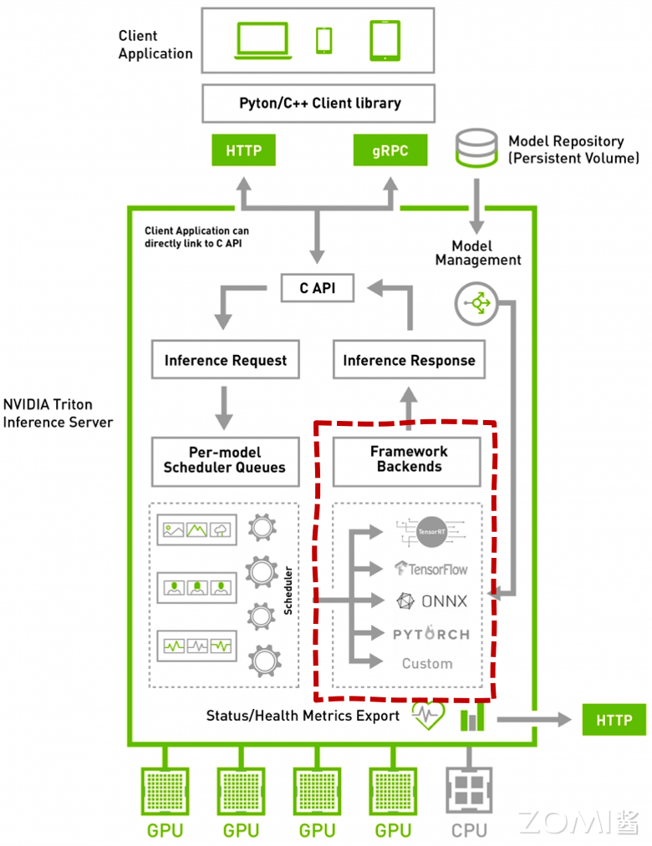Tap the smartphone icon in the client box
pyautogui.click(x=323, y=39)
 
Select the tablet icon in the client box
pyautogui.click(x=384, y=40)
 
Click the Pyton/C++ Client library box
pyautogui.click(x=319, y=104)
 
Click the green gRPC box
pyautogui.click(x=390, y=151)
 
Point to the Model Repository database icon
pyautogui.click(x=476, y=148)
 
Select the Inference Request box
pyautogui.click(x=225, y=361)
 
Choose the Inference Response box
pyautogui.click(x=409, y=361)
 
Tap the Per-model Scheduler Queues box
pyautogui.click(x=224, y=459)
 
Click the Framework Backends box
pyautogui.click(x=409, y=459)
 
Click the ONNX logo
pyautogui.click(x=431, y=601)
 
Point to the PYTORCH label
pyautogui.click(x=431, y=634)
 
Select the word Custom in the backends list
pyautogui.click(x=427, y=664)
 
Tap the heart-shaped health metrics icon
pyautogui.click(x=428, y=716)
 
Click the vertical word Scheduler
pyautogui.click(x=288, y=591)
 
